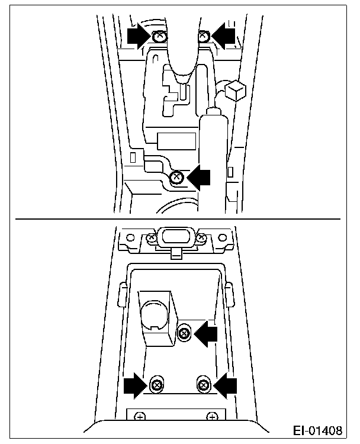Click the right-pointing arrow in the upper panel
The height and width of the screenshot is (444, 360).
[x=138, y=37]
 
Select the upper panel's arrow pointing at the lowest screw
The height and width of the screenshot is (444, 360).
[x=200, y=176]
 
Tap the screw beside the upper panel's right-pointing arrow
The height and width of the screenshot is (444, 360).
[x=158, y=37]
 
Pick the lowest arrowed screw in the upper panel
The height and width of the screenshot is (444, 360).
[x=176, y=177]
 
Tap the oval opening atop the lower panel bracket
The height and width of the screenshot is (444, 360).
[x=176, y=237]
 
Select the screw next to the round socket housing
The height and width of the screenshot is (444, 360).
[x=184, y=333]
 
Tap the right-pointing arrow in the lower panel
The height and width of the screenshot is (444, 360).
[x=136, y=385]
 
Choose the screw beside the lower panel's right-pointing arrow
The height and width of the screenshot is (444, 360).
[x=157, y=385]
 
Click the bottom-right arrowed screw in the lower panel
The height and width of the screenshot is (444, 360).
[x=203, y=385]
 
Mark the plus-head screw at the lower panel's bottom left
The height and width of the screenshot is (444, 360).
[x=140, y=417]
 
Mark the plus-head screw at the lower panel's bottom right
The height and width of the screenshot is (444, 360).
[x=211, y=417]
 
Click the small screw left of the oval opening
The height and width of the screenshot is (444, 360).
[x=151, y=238]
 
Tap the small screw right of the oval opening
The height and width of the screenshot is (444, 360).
[x=201, y=238]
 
